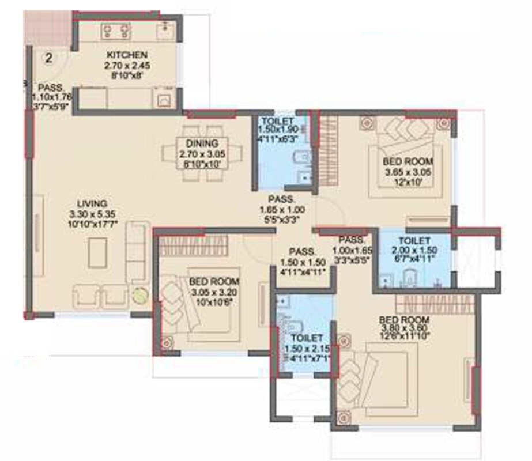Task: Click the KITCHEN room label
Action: point(122,55)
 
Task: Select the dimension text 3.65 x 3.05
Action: point(408,172)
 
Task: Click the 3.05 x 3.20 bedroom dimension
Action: point(214,292)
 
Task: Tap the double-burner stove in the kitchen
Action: point(116,31)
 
